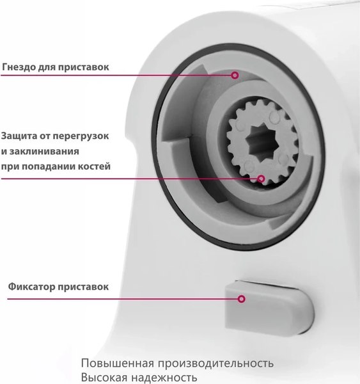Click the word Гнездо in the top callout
(x=19, y=67)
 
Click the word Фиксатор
(x=31, y=287)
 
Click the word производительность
(x=215, y=364)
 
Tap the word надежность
(x=164, y=378)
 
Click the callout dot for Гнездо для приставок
(x=235, y=75)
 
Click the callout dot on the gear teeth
(x=261, y=179)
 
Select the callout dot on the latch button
(x=241, y=299)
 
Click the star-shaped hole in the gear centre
(x=261, y=141)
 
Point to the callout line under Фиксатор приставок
(x=122, y=299)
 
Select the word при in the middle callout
(x=9, y=167)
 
